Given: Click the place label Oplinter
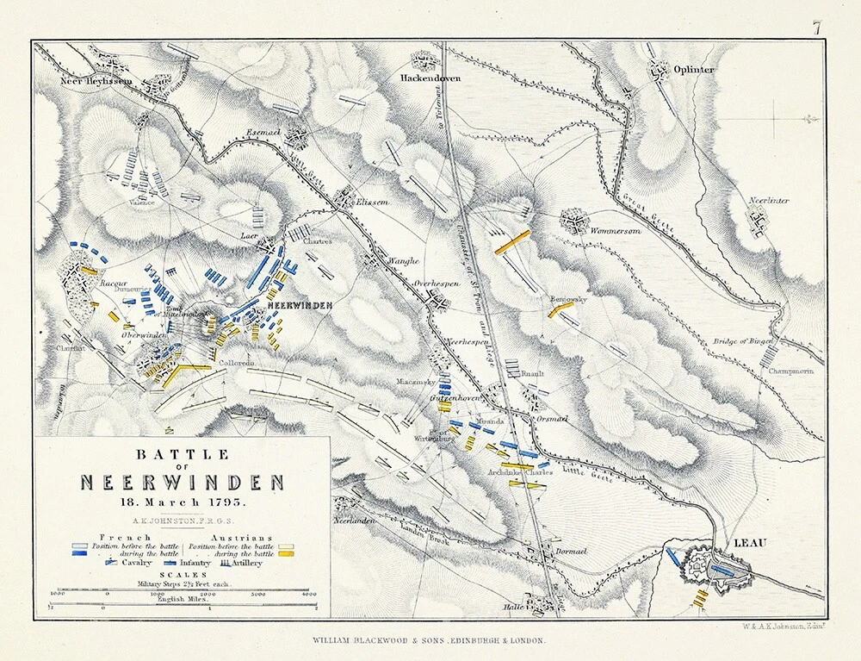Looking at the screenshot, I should click(x=694, y=70).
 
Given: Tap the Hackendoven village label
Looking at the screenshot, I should click(x=430, y=78).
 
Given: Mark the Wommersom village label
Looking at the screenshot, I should click(x=617, y=230).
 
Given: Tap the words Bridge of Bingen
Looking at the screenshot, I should click(x=742, y=342).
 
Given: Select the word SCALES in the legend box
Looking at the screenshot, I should click(x=181, y=573).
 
